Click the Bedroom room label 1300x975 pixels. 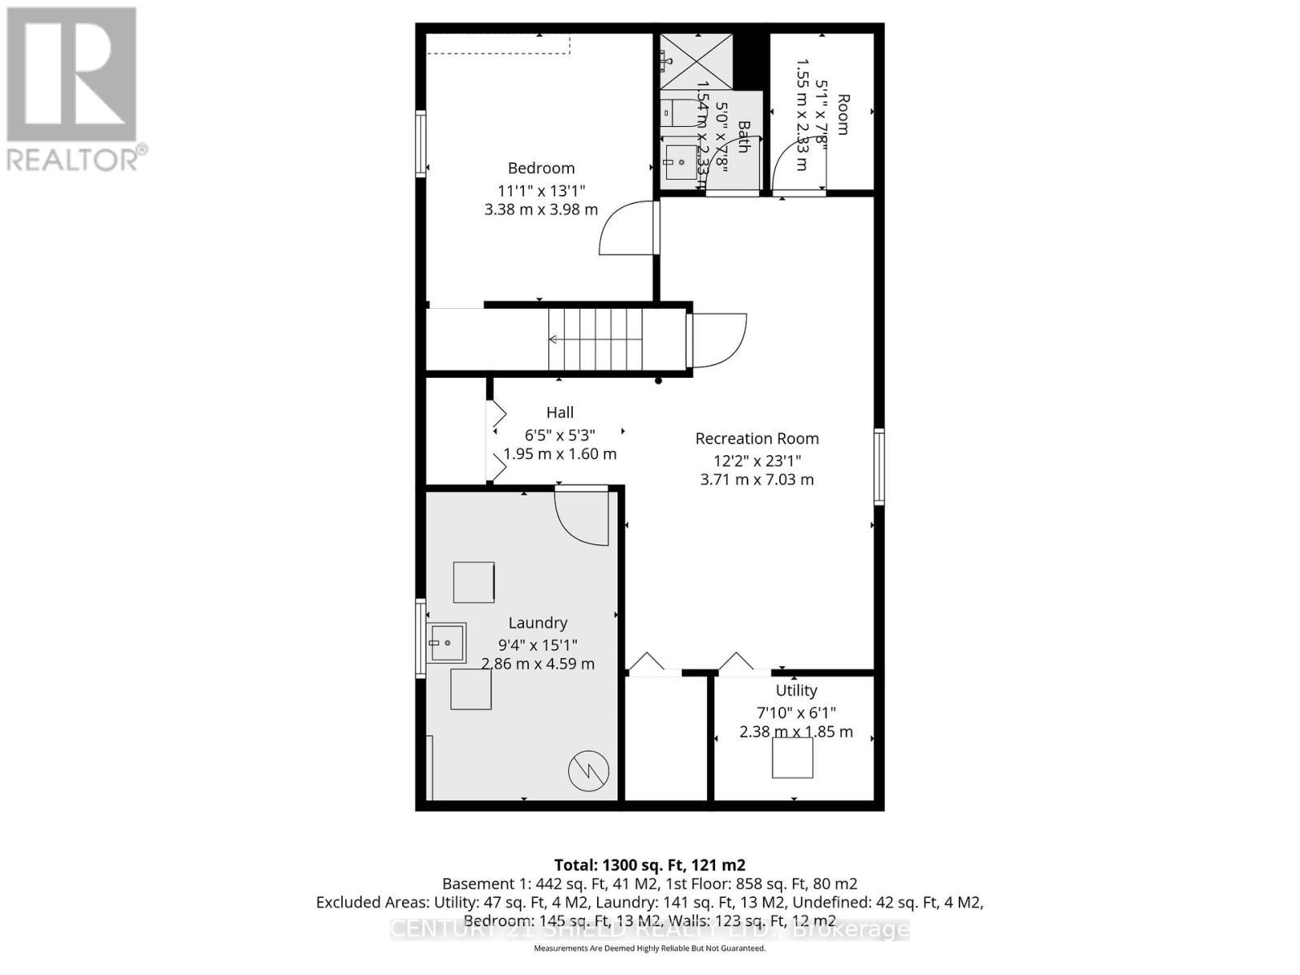[541, 168]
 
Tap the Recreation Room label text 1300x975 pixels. [756, 439]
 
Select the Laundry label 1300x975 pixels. [538, 623]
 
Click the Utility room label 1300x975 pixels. [795, 691]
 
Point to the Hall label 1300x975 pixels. [560, 413]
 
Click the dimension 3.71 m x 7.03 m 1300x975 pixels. [756, 479]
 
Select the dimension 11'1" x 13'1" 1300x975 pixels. [541, 191]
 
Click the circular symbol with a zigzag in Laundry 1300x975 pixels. [588, 771]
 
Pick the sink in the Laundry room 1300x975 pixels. [447, 643]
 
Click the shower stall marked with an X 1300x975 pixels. [695, 61]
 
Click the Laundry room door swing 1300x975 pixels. [582, 516]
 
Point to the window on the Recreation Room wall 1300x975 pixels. [879, 467]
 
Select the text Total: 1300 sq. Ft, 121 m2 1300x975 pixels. [649, 865]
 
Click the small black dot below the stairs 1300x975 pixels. [659, 380]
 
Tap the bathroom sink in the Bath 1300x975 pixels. [681, 162]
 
